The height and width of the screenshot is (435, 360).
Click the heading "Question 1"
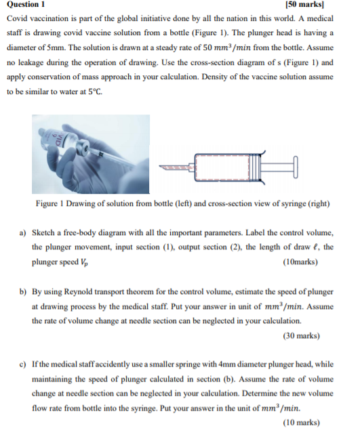26,4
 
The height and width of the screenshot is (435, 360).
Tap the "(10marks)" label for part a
300,262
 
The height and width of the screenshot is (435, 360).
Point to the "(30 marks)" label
301,335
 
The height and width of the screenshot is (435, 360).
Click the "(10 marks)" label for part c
301,422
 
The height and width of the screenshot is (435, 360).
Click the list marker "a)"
22,232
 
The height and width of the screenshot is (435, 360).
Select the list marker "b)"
23,291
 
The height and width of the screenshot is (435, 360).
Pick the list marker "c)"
22,364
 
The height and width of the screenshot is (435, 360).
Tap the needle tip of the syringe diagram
159,167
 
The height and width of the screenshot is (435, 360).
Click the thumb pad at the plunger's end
296,167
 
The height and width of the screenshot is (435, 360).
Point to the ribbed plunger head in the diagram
254,167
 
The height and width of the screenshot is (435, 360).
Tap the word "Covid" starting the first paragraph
17,18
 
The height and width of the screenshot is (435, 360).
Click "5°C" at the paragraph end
95,91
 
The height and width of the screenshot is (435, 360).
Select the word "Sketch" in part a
43,232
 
